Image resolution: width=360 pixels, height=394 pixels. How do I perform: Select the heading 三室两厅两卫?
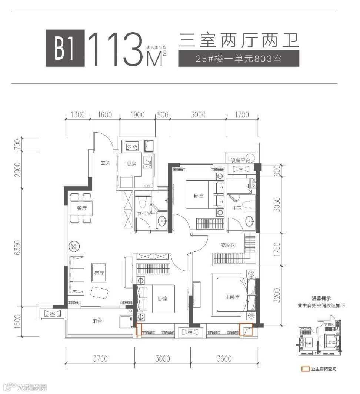(x=239, y=40)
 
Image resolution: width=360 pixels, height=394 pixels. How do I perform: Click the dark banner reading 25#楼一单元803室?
(x=233, y=59)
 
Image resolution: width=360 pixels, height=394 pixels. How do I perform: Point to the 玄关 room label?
(x=105, y=163)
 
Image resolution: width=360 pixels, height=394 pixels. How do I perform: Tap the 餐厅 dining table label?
(x=81, y=208)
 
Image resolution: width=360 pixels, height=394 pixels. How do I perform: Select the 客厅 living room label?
(x=99, y=273)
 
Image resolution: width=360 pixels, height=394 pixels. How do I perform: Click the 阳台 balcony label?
(x=97, y=321)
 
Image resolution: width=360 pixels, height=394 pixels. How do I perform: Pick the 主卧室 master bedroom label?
(x=232, y=297)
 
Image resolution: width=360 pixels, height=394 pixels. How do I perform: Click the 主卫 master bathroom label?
(x=237, y=208)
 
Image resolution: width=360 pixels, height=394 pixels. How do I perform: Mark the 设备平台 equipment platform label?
(x=241, y=160)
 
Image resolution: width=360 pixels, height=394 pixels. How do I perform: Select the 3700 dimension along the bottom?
(x=100, y=358)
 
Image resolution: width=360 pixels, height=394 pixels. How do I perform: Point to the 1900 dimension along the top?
(x=137, y=115)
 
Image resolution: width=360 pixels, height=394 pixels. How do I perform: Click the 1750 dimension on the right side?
(x=277, y=248)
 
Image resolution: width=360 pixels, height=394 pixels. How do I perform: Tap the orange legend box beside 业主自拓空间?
(x=306, y=369)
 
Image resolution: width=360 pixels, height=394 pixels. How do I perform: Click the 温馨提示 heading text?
(x=321, y=298)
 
